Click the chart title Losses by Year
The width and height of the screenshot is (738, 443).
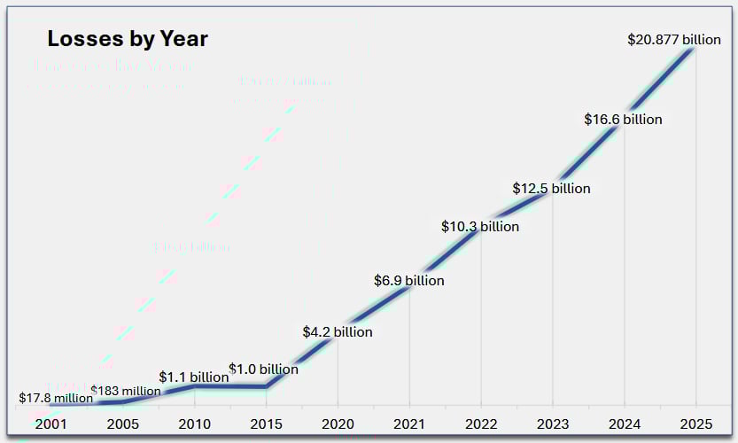tap(127, 39)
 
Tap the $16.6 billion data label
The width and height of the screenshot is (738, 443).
tap(623, 119)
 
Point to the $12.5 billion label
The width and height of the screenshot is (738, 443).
tap(551, 189)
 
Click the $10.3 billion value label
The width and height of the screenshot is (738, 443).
tap(480, 227)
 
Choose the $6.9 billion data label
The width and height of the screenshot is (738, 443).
tap(408, 281)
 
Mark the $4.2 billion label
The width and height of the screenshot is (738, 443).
tap(338, 332)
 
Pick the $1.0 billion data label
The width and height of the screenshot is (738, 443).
tap(263, 369)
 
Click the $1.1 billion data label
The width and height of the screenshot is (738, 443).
tap(194, 377)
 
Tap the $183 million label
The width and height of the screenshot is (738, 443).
tap(126, 391)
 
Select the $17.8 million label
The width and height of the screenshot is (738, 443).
tap(56, 398)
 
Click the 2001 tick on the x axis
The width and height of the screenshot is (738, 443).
tap(51, 424)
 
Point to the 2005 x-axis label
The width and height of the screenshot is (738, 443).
tap(122, 424)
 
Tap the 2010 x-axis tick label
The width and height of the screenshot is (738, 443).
tap(194, 424)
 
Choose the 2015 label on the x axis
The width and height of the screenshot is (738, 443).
tap(266, 424)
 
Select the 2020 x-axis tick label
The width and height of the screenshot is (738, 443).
tap(338, 424)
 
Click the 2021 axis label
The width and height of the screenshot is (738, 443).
tap(408, 424)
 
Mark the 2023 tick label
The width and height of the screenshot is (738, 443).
tap(552, 424)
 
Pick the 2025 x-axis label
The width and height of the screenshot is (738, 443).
tap(695, 424)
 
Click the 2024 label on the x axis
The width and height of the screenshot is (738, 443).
tap(624, 424)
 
